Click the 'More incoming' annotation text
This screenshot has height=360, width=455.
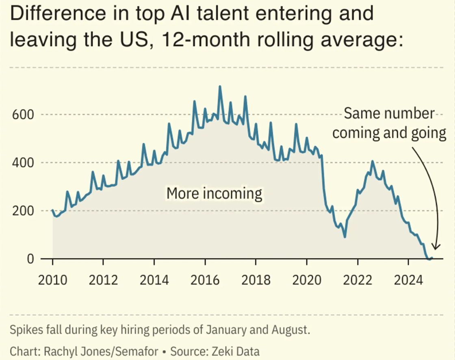click(x=214, y=193)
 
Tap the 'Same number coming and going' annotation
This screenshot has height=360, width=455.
click(x=389, y=123)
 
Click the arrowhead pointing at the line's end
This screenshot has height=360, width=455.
click(x=435, y=246)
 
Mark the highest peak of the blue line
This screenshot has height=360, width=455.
click(x=220, y=86)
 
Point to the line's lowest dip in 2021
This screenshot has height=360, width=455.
click(x=345, y=237)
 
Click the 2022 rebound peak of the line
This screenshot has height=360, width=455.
click(x=372, y=162)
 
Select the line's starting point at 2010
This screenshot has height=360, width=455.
click(x=53, y=210)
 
